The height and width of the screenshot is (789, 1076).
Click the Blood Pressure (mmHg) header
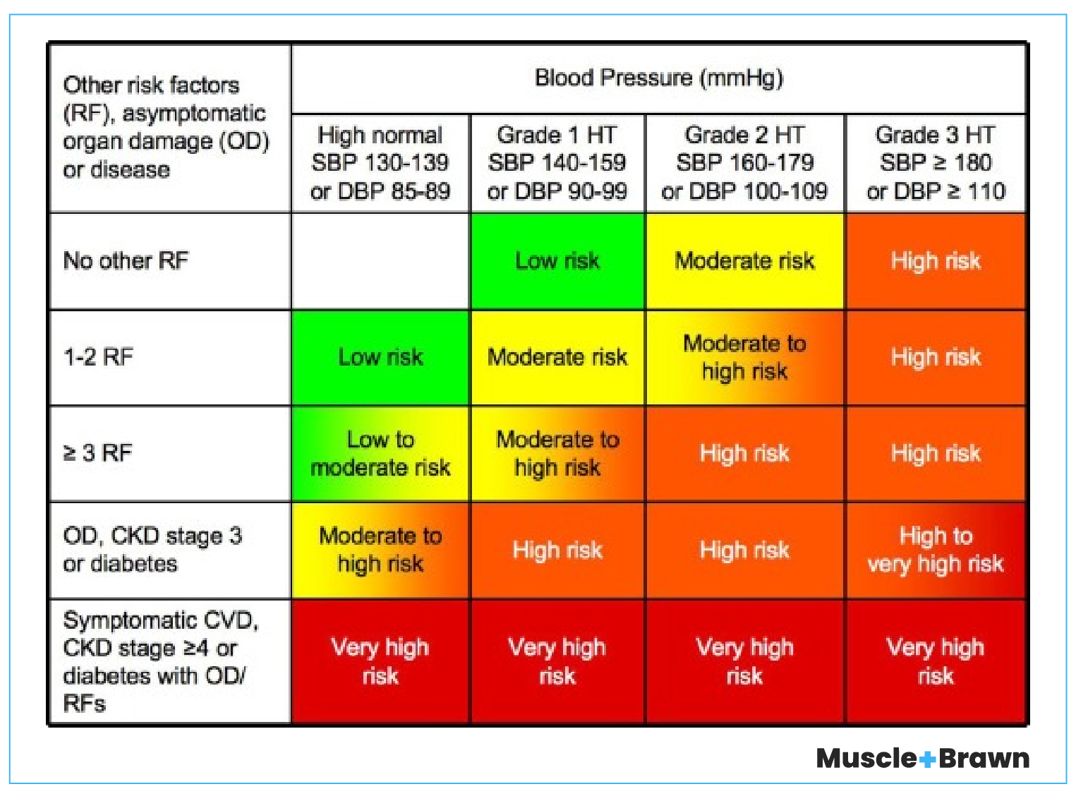[x=658, y=78]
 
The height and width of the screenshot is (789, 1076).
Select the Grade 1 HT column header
[x=557, y=163]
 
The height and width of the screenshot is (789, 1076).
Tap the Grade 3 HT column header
[x=935, y=163]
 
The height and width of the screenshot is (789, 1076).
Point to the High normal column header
[x=380, y=163]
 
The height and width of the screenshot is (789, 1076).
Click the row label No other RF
[x=126, y=260]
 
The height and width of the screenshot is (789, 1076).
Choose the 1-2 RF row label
[x=98, y=356]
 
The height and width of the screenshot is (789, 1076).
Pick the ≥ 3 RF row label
[x=98, y=452]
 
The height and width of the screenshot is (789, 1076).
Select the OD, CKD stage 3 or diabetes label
[x=152, y=549]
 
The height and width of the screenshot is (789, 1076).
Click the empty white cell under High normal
[x=380, y=260]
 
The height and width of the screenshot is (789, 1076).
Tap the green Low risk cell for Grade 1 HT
[x=557, y=260]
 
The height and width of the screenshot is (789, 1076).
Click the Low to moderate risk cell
[x=380, y=453]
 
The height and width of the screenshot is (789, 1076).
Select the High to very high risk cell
[x=935, y=549]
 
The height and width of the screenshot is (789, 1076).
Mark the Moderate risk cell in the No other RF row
[x=744, y=260]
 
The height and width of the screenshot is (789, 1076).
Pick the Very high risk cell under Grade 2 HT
[x=744, y=661]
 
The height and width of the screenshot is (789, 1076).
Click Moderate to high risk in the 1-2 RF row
[x=744, y=357]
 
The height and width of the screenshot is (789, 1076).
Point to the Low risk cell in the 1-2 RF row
[x=380, y=357]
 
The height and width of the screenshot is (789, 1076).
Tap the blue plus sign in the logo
[x=928, y=759]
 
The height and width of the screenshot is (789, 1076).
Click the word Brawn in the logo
[x=984, y=759]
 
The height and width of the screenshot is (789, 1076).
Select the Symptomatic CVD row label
[x=160, y=661]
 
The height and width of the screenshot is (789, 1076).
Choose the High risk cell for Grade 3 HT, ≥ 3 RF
[x=935, y=453]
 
